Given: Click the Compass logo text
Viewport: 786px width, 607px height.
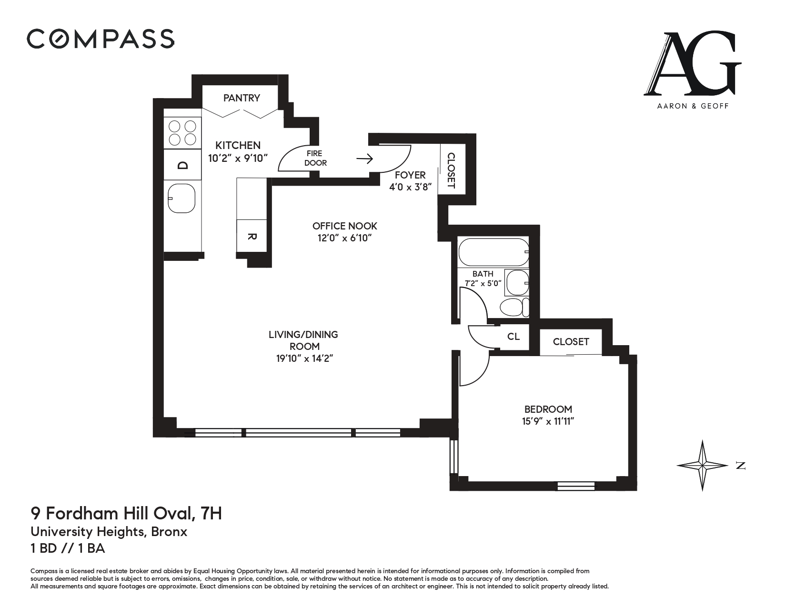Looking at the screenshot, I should (x=100, y=39).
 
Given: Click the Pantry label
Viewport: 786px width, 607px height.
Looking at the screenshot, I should (x=242, y=98).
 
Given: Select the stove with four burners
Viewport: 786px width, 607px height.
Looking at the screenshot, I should (x=182, y=132).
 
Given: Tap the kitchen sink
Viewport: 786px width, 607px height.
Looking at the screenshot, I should (x=181, y=198).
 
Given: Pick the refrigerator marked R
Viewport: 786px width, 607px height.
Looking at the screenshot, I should (x=252, y=237).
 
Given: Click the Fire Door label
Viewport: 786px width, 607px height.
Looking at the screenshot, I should (x=315, y=158).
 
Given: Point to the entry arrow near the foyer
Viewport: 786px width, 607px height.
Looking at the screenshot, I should (x=364, y=159).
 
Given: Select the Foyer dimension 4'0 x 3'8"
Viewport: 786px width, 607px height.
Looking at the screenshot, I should (x=410, y=187).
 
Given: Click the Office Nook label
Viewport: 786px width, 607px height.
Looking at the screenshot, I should (x=344, y=226).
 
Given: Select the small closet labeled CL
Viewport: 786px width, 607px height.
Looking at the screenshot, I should (x=513, y=337).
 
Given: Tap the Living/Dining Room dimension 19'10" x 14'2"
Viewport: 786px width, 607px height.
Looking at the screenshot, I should (x=304, y=359).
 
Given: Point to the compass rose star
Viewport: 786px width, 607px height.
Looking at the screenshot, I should (x=703, y=465).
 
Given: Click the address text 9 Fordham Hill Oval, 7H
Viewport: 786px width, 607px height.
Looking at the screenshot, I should (x=126, y=514).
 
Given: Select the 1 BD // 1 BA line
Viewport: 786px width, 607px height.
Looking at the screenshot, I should (x=68, y=548).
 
